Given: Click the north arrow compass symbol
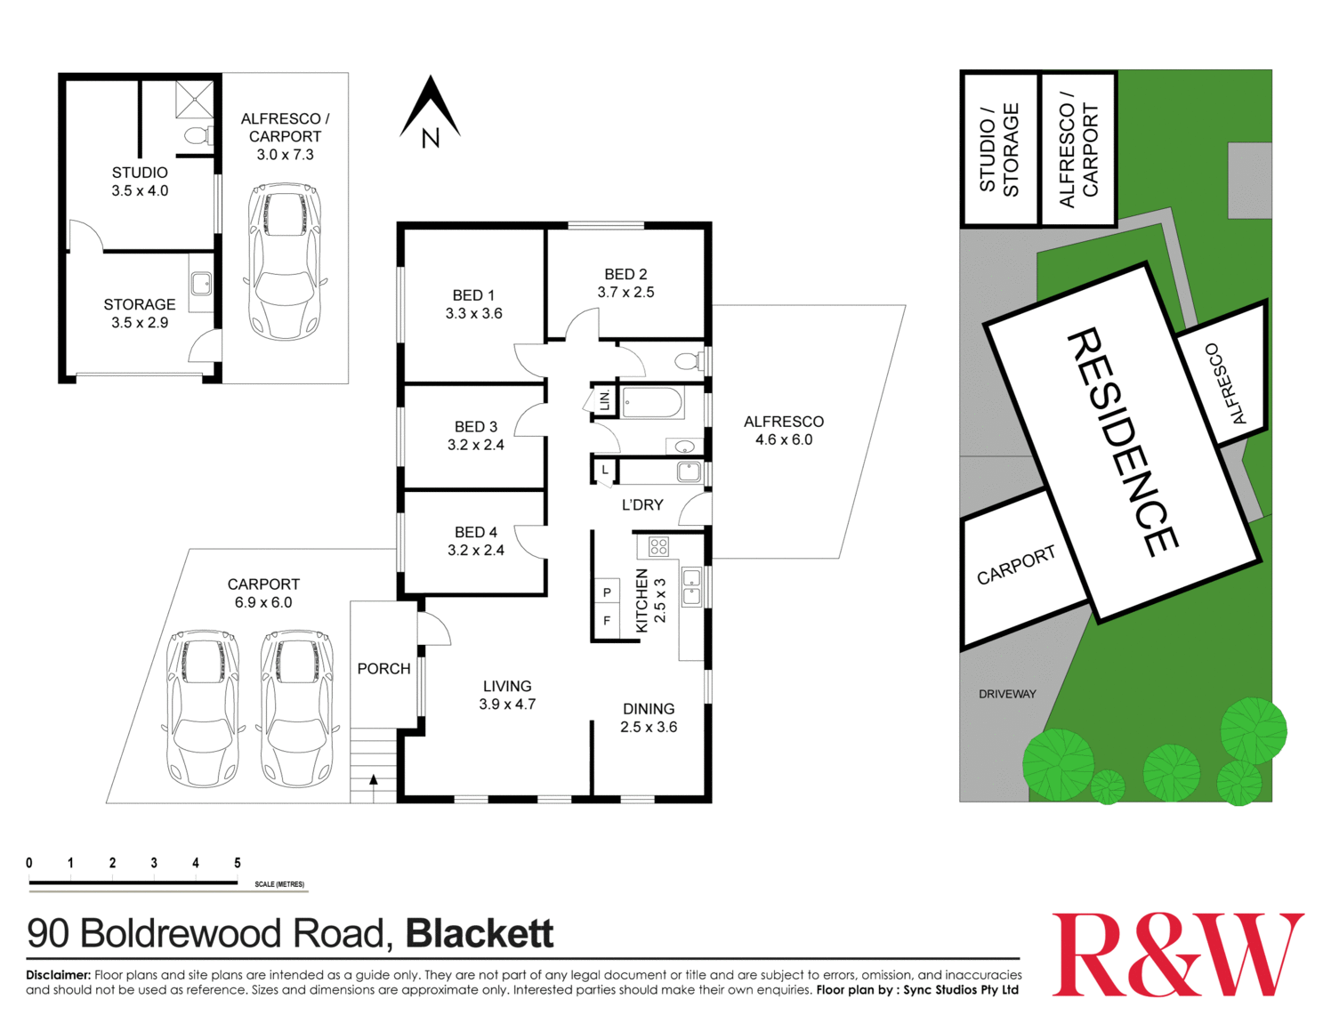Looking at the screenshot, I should (x=430, y=111).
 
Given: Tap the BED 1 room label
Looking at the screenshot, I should (x=473, y=295).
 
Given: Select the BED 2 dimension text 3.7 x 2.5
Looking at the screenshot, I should (x=625, y=293).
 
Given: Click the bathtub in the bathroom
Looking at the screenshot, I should (x=652, y=403).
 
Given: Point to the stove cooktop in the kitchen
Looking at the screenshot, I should (x=658, y=546).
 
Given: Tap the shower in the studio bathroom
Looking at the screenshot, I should (x=194, y=100).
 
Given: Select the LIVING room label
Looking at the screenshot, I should (x=507, y=686).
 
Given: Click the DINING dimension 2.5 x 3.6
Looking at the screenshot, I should (x=649, y=727).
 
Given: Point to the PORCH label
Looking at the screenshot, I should (x=383, y=668).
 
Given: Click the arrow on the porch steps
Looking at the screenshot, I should (x=374, y=780).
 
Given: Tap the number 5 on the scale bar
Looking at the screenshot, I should (x=238, y=863).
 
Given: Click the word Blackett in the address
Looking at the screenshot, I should (x=480, y=933).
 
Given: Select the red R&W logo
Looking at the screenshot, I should (x=1177, y=955).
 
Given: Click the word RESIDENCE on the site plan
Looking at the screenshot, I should (x=1123, y=442).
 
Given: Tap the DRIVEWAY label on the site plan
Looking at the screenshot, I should (x=1007, y=694).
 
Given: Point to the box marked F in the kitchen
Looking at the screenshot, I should (x=607, y=621).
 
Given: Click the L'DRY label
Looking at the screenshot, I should (x=642, y=504).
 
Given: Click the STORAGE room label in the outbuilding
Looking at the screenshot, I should (x=140, y=304).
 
